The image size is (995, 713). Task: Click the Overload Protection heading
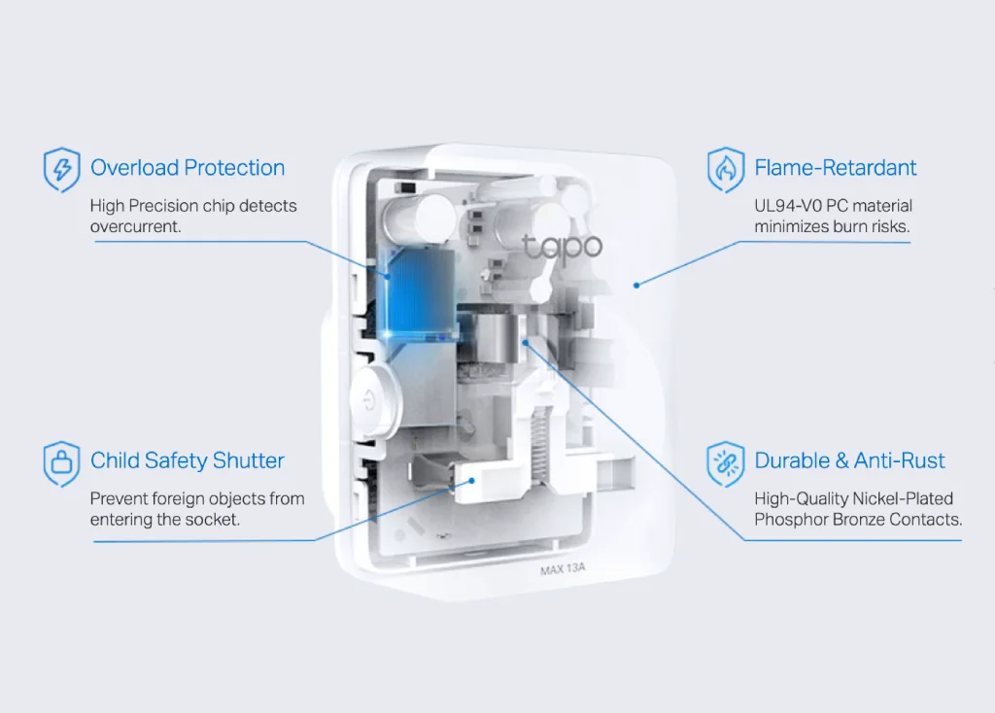(x=188, y=168)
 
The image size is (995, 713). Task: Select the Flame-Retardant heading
(x=835, y=168)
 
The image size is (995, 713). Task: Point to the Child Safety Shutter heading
(x=188, y=460)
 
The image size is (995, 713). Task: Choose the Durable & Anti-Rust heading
(x=849, y=460)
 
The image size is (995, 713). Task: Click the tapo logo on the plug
(x=563, y=247)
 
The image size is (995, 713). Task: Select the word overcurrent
(x=135, y=226)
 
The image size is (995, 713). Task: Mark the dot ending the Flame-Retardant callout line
(x=636, y=285)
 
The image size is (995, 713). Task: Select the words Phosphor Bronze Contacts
(x=857, y=520)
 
